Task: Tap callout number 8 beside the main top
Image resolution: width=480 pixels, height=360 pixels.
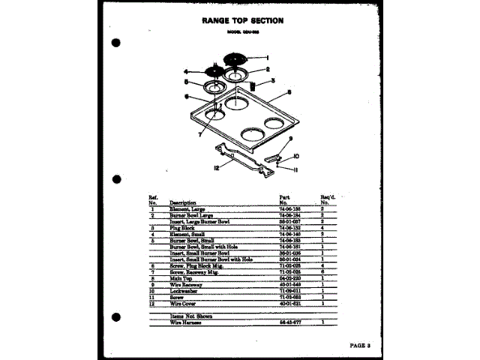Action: pos(288,94)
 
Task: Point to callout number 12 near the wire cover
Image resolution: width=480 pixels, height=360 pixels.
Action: pos(215,167)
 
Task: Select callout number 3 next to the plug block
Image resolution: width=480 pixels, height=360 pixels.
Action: pos(273,80)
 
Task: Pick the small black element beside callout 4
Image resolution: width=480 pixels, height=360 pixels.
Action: pos(215,72)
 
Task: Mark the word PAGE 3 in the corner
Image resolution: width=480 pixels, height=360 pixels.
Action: pos(365,345)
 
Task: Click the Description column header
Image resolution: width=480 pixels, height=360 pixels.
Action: pos(183,202)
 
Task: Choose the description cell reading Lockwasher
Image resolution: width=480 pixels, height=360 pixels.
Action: pos(184,290)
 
